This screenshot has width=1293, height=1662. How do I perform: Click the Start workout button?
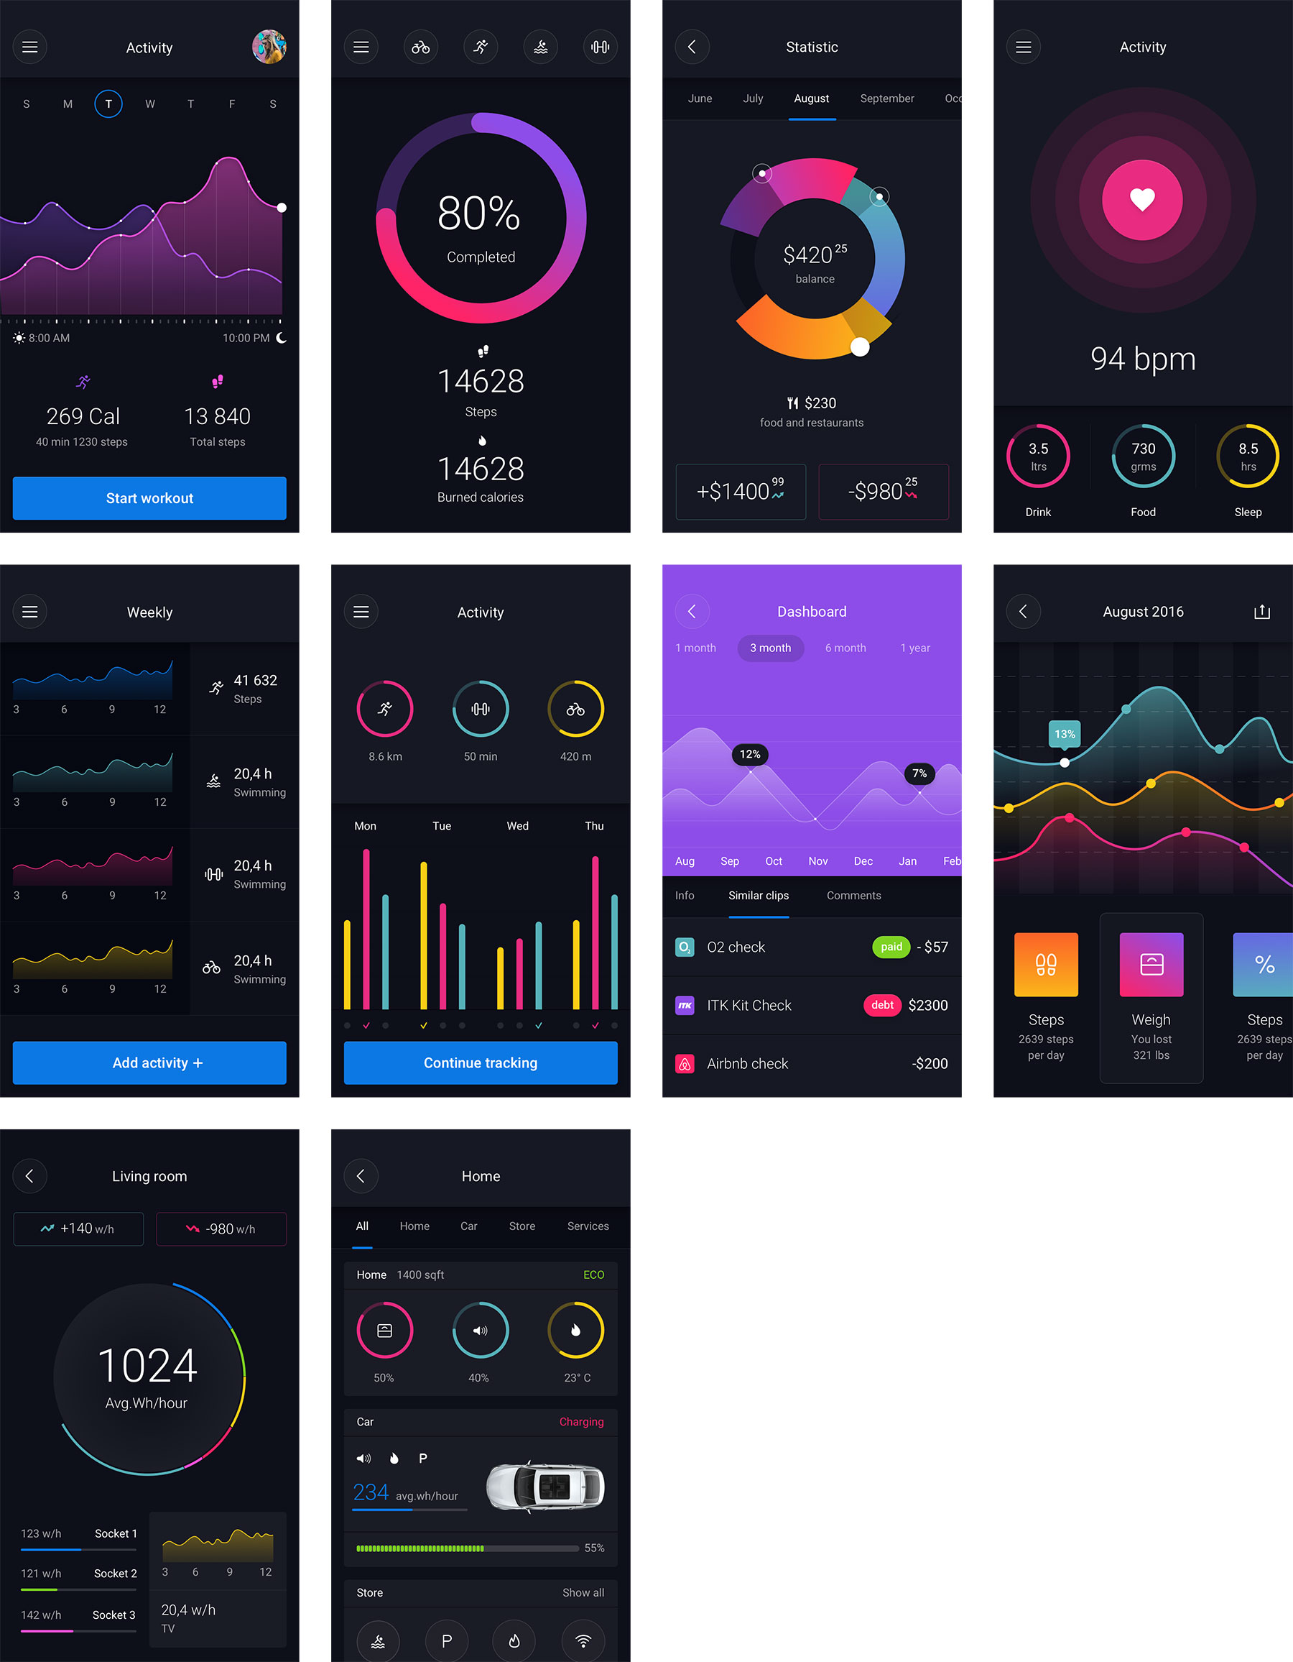pyautogui.click(x=149, y=498)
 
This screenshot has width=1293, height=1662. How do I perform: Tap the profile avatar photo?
pyautogui.click(x=269, y=47)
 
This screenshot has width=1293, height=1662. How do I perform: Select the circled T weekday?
pyautogui.click(x=108, y=104)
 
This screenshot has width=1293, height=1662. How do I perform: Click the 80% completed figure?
pyautogui.click(x=479, y=214)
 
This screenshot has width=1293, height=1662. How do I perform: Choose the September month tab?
pyautogui.click(x=887, y=99)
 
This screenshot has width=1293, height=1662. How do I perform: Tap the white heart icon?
pyautogui.click(x=1142, y=199)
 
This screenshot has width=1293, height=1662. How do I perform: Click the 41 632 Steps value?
pyautogui.click(x=255, y=680)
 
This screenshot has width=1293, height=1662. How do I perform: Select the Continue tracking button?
pyautogui.click(x=481, y=1063)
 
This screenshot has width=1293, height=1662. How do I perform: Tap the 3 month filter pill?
pyautogui.click(x=771, y=648)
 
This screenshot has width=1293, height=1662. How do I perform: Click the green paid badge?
pyautogui.click(x=891, y=947)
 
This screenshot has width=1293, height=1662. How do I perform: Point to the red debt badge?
pyautogui.click(x=882, y=1005)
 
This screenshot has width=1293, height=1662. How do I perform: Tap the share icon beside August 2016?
pyautogui.click(x=1262, y=612)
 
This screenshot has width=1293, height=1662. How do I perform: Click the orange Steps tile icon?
pyautogui.click(x=1046, y=964)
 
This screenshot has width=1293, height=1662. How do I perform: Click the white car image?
pyautogui.click(x=544, y=1486)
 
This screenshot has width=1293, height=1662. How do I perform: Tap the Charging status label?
pyautogui.click(x=581, y=1421)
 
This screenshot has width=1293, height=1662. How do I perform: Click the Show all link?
pyautogui.click(x=583, y=1593)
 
